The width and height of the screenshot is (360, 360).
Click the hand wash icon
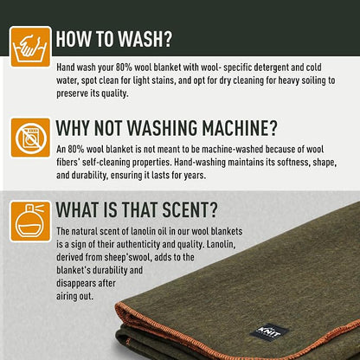click(30, 47)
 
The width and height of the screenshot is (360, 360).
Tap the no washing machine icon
click(30, 138)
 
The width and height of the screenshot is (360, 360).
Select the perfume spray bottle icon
click(30, 222)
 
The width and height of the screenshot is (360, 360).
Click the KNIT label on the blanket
click(269, 332)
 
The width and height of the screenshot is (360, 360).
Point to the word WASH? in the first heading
click(145, 39)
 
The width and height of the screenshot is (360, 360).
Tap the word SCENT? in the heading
click(190, 209)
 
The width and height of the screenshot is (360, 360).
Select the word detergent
click(263, 67)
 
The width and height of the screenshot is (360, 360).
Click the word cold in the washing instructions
click(313, 67)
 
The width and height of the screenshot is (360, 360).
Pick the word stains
click(163, 80)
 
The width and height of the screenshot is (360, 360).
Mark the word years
click(195, 176)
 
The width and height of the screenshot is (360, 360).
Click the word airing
click(65, 296)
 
